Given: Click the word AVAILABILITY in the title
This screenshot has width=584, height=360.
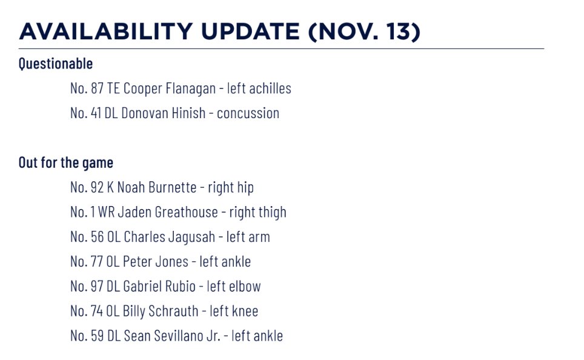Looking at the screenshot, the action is [106, 31].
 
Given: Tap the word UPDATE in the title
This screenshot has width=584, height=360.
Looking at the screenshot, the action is [251, 31].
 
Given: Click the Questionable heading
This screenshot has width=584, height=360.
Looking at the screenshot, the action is [56, 64].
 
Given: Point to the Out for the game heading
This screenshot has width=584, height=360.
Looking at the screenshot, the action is [66, 163].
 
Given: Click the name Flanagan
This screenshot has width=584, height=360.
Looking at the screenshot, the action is [191, 88].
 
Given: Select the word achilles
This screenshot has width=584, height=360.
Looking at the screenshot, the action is [270, 88].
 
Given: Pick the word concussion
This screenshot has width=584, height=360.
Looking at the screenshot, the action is [248, 113].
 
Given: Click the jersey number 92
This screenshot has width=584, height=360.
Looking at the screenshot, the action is [97, 187].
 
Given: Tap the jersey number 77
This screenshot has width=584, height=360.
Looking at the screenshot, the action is [97, 261].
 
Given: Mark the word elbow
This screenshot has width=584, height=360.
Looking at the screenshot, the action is [245, 286].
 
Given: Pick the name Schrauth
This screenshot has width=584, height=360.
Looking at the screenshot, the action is [173, 311].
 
